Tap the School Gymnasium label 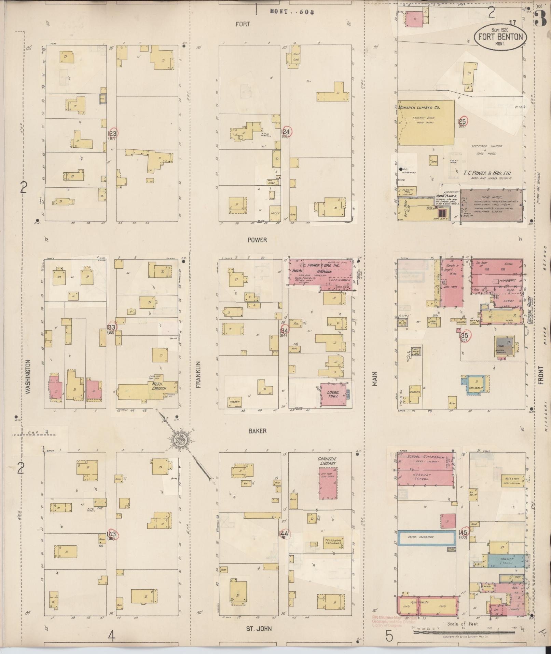[x=426, y=457]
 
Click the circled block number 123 [x=112, y=134]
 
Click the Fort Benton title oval [x=500, y=36]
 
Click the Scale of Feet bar [x=463, y=632]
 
